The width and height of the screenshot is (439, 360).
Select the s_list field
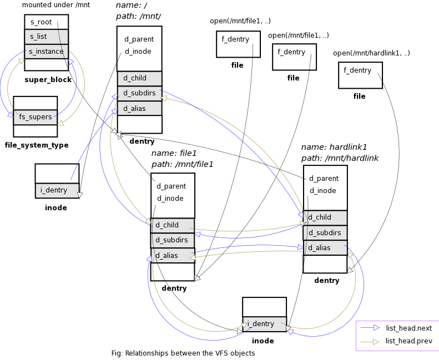[46, 37]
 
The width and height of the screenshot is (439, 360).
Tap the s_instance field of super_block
[46, 52]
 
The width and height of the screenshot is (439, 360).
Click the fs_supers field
[36, 117]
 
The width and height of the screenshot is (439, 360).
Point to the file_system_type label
[37, 145]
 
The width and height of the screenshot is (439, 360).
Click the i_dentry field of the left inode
[57, 190]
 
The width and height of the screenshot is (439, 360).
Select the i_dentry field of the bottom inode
[264, 324]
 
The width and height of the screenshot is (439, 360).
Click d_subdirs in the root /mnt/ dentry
[139, 93]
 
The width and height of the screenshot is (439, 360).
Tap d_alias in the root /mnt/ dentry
[139, 108]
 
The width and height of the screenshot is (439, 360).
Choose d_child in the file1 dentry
[173, 225]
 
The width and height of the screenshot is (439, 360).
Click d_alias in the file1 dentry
[173, 255]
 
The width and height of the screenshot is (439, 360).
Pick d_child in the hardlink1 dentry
[325, 217]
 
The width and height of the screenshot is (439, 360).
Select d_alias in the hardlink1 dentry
[325, 248]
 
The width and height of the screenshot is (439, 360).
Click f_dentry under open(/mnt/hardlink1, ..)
[357, 70]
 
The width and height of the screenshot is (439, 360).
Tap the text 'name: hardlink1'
[334, 147]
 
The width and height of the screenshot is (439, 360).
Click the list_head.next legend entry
[396, 328]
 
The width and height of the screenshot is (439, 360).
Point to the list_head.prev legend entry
[396, 341]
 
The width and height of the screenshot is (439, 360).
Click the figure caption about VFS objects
[183, 353]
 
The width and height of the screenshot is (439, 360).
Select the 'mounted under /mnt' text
[56, 5]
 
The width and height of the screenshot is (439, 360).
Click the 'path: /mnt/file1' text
[182, 164]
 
